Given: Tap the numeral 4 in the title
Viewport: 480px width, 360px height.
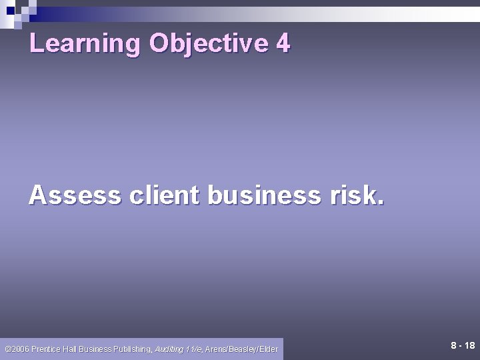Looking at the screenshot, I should [283, 43].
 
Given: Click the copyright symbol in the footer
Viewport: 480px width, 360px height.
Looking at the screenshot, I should [7, 348].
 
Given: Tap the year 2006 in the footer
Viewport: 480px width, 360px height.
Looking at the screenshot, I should [21, 348].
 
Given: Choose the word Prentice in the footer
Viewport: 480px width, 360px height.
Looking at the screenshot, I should [47, 348].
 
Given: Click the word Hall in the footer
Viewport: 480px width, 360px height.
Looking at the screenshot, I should [72, 348].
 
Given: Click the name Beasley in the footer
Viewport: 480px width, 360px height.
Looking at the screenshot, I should [247, 348].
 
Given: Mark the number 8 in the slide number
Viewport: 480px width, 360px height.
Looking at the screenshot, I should [453, 345].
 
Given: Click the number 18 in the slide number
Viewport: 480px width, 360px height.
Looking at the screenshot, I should [469, 345].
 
